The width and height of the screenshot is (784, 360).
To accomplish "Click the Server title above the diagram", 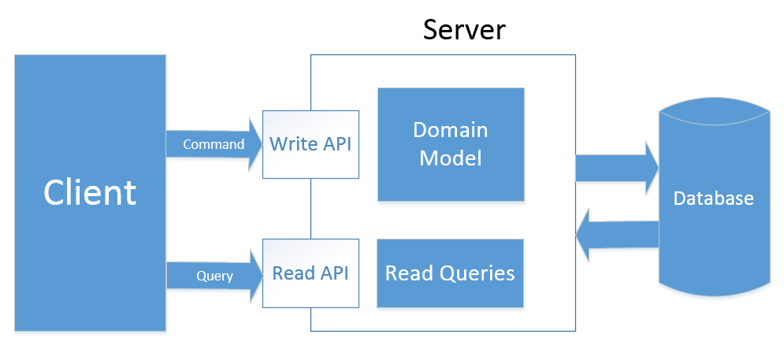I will tap(464, 29).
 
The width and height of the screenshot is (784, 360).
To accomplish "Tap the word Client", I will tap(90, 192).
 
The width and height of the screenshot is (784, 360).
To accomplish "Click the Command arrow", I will tap(213, 145).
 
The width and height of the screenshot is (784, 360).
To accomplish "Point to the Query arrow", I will tap(213, 275).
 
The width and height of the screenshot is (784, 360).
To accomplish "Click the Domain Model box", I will tap(451, 143).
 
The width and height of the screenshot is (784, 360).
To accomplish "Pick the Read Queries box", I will tap(450, 273).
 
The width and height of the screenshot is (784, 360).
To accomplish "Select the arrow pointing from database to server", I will tap(617, 234).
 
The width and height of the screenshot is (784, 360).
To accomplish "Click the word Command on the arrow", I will tap(213, 145).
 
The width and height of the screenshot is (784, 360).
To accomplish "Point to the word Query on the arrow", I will tap(214, 276).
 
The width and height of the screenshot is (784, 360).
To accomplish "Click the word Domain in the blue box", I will tap(451, 130).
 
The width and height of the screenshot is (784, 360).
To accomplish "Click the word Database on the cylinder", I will tap(713, 199).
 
